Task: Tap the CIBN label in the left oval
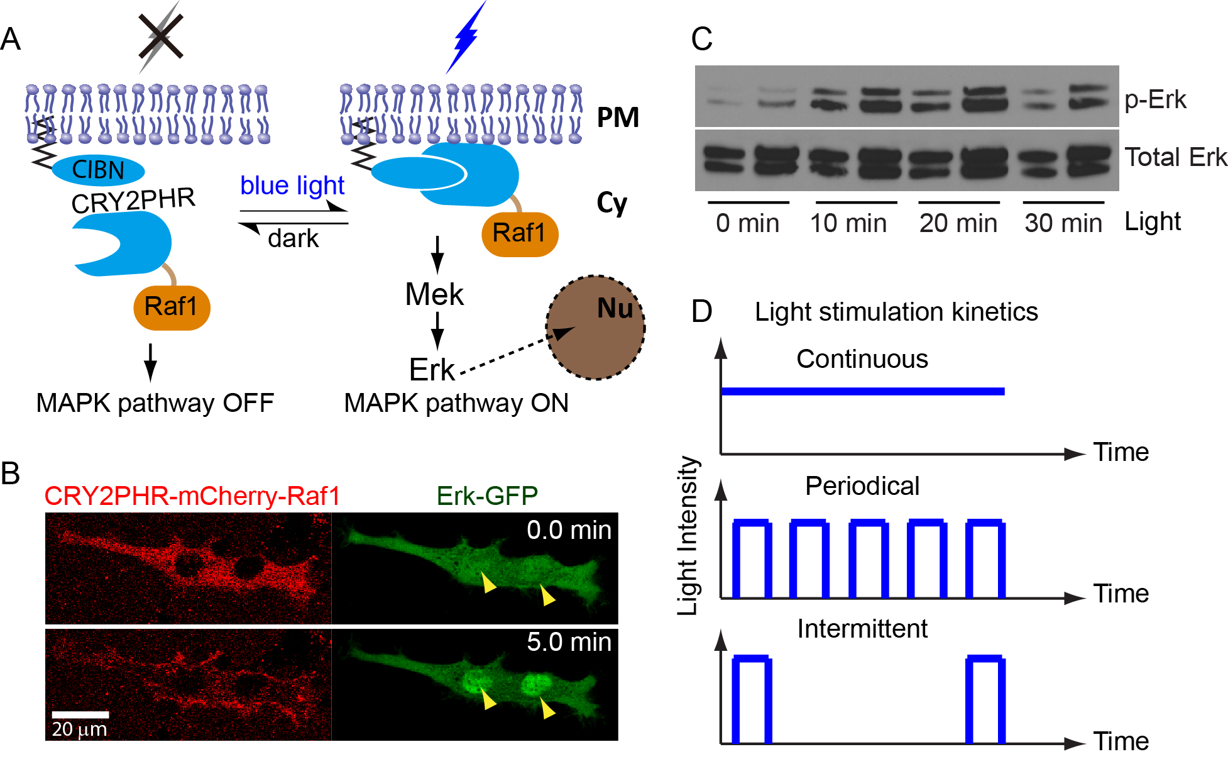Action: tap(98, 170)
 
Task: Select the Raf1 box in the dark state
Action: tap(172, 307)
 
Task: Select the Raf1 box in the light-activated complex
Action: tap(520, 233)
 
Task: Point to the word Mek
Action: tap(434, 294)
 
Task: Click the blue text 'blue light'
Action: tap(292, 186)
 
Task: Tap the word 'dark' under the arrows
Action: tap(293, 239)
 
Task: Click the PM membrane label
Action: tap(618, 118)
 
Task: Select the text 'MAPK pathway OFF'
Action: tap(155, 403)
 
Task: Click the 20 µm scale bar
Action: tap(80, 714)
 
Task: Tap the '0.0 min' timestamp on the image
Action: tap(569, 530)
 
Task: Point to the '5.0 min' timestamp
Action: tap(569, 642)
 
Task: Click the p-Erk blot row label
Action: tap(1155, 99)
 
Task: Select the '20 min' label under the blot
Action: tap(958, 223)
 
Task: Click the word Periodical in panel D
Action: tap(862, 486)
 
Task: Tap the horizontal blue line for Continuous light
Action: tap(862, 391)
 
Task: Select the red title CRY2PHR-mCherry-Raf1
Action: tap(192, 496)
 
